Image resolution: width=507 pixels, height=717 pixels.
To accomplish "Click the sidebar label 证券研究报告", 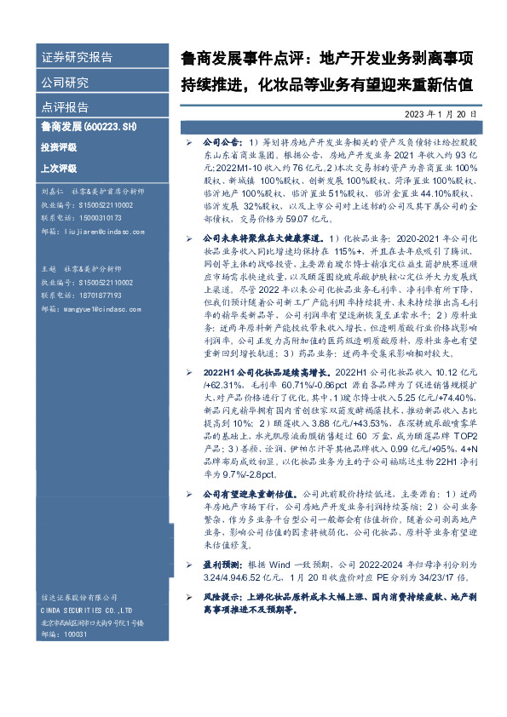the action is click(x=78, y=58).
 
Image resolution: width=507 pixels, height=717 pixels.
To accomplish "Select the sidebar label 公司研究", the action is click(x=66, y=83).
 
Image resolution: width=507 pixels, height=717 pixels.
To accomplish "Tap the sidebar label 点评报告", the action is click(x=66, y=107).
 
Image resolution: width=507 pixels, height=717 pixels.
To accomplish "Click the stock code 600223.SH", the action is click(x=108, y=127).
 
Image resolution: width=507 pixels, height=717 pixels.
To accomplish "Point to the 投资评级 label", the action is click(x=59, y=146).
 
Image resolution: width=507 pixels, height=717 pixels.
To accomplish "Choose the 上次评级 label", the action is click(x=59, y=168).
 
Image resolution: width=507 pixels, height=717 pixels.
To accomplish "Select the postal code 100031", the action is click(x=77, y=634).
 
